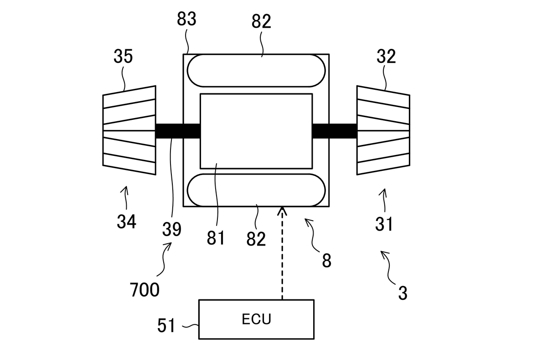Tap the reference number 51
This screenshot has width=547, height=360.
pyautogui.click(x=166, y=325)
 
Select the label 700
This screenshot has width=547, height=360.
pyautogui.click(x=144, y=290)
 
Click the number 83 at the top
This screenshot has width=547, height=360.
pyautogui.click(x=186, y=19)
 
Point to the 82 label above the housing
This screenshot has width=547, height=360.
pyautogui.click(x=261, y=21)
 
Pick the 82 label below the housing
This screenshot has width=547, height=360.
pyautogui.click(x=256, y=239)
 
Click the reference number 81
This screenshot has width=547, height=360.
pyautogui.click(x=216, y=238)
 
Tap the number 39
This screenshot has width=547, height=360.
pyautogui.click(x=172, y=229)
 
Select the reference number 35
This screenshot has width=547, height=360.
pyautogui.click(x=123, y=56)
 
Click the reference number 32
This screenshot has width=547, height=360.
pyautogui.click(x=386, y=57)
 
